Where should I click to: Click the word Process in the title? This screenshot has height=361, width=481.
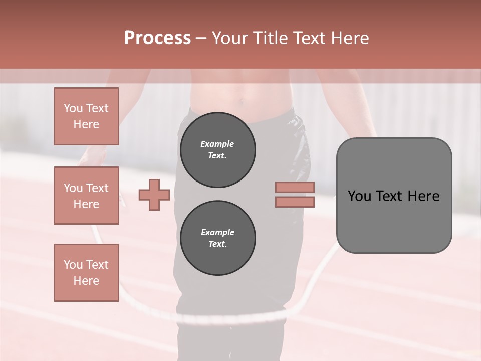pyautogui.click(x=157, y=38)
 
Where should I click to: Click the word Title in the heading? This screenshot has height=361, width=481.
pyautogui.click(x=269, y=38)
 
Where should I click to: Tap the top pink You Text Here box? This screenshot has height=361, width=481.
pyautogui.click(x=86, y=116)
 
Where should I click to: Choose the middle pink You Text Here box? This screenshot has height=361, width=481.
pyautogui.click(x=86, y=196)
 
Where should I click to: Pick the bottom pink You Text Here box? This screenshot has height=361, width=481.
pyautogui.click(x=86, y=272)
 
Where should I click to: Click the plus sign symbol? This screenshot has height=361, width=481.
pyautogui.click(x=154, y=195)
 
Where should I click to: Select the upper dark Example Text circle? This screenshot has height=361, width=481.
pyautogui.click(x=217, y=150)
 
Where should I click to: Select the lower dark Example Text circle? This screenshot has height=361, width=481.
pyautogui.click(x=217, y=238)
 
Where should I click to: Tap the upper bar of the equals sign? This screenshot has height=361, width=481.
pyautogui.click(x=295, y=187)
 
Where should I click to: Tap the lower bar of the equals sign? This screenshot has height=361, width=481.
pyautogui.click(x=295, y=202)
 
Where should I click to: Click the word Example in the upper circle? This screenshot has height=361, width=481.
pyautogui.click(x=217, y=144)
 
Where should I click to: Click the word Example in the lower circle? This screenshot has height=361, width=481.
pyautogui.click(x=217, y=232)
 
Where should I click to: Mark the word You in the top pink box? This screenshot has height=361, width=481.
pyautogui.click(x=73, y=108)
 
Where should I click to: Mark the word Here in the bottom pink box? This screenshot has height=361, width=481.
pyautogui.click(x=86, y=281)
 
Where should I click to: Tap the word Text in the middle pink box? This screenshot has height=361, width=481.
pyautogui.click(x=97, y=188)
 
